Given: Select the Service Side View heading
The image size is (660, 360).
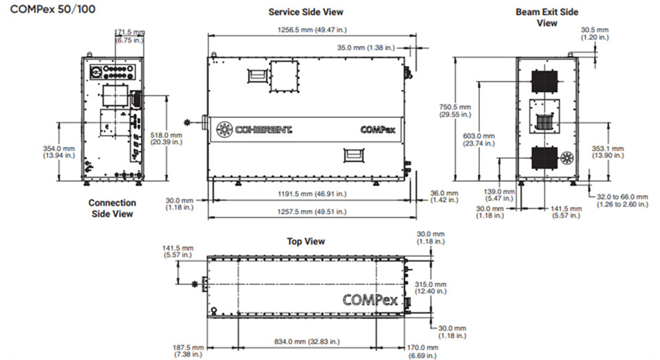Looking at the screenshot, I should (305, 12).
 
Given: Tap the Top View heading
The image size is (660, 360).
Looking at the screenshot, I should (306, 241).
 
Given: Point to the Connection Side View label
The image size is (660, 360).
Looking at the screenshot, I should (112, 208).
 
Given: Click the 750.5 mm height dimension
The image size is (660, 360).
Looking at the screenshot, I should (455, 111).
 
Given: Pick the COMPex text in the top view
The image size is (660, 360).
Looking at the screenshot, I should (373, 300).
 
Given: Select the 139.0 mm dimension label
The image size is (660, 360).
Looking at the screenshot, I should (499, 194).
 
